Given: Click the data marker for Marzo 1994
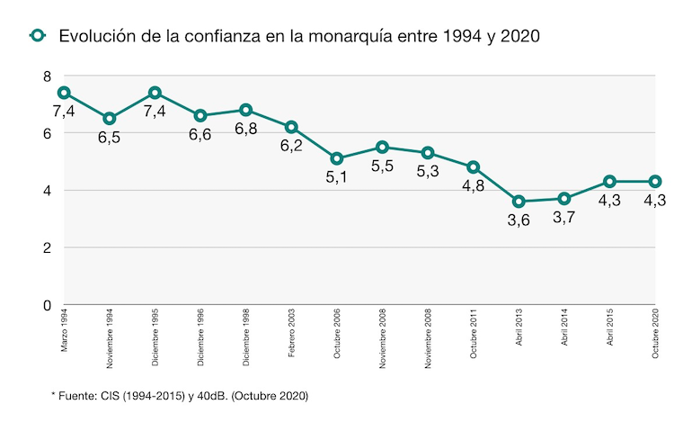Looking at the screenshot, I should pyautogui.click(x=64, y=93).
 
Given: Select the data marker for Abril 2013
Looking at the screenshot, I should pyautogui.click(x=519, y=202).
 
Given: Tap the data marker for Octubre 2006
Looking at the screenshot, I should pyautogui.click(x=337, y=158).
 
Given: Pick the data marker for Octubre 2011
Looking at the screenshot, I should pyautogui.click(x=474, y=167).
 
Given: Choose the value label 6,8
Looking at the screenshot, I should pyautogui.click(x=246, y=129).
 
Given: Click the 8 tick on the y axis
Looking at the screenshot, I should pyautogui.click(x=48, y=76).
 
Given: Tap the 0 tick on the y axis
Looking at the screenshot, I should pyautogui.click(x=48, y=305).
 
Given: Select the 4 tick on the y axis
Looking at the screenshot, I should pyautogui.click(x=48, y=191).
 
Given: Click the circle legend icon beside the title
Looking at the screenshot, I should pyautogui.click(x=37, y=36).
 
